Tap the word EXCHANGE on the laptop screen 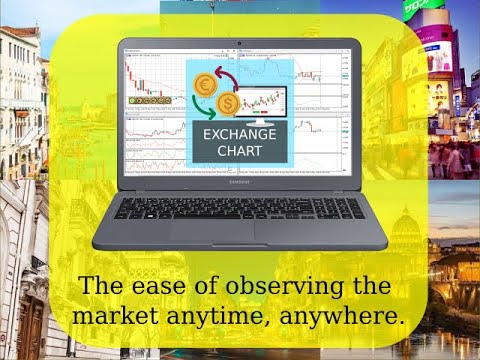237,134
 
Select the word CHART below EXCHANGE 237,151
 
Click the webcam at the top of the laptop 239,45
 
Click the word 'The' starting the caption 101,286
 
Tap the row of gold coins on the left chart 146,101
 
